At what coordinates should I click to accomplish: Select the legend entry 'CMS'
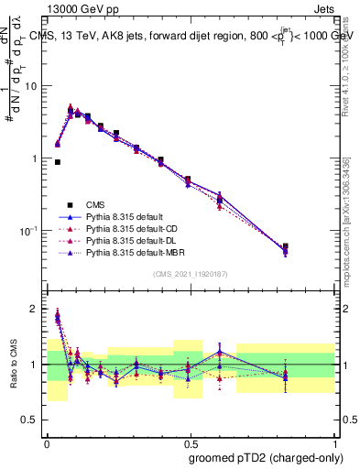click(96, 204)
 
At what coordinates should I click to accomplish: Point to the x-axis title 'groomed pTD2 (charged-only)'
click(268, 458)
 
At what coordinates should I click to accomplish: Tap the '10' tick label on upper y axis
click(32, 86)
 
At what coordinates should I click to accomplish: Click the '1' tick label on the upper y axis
click(36, 158)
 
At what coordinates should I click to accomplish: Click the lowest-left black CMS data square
click(58, 162)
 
